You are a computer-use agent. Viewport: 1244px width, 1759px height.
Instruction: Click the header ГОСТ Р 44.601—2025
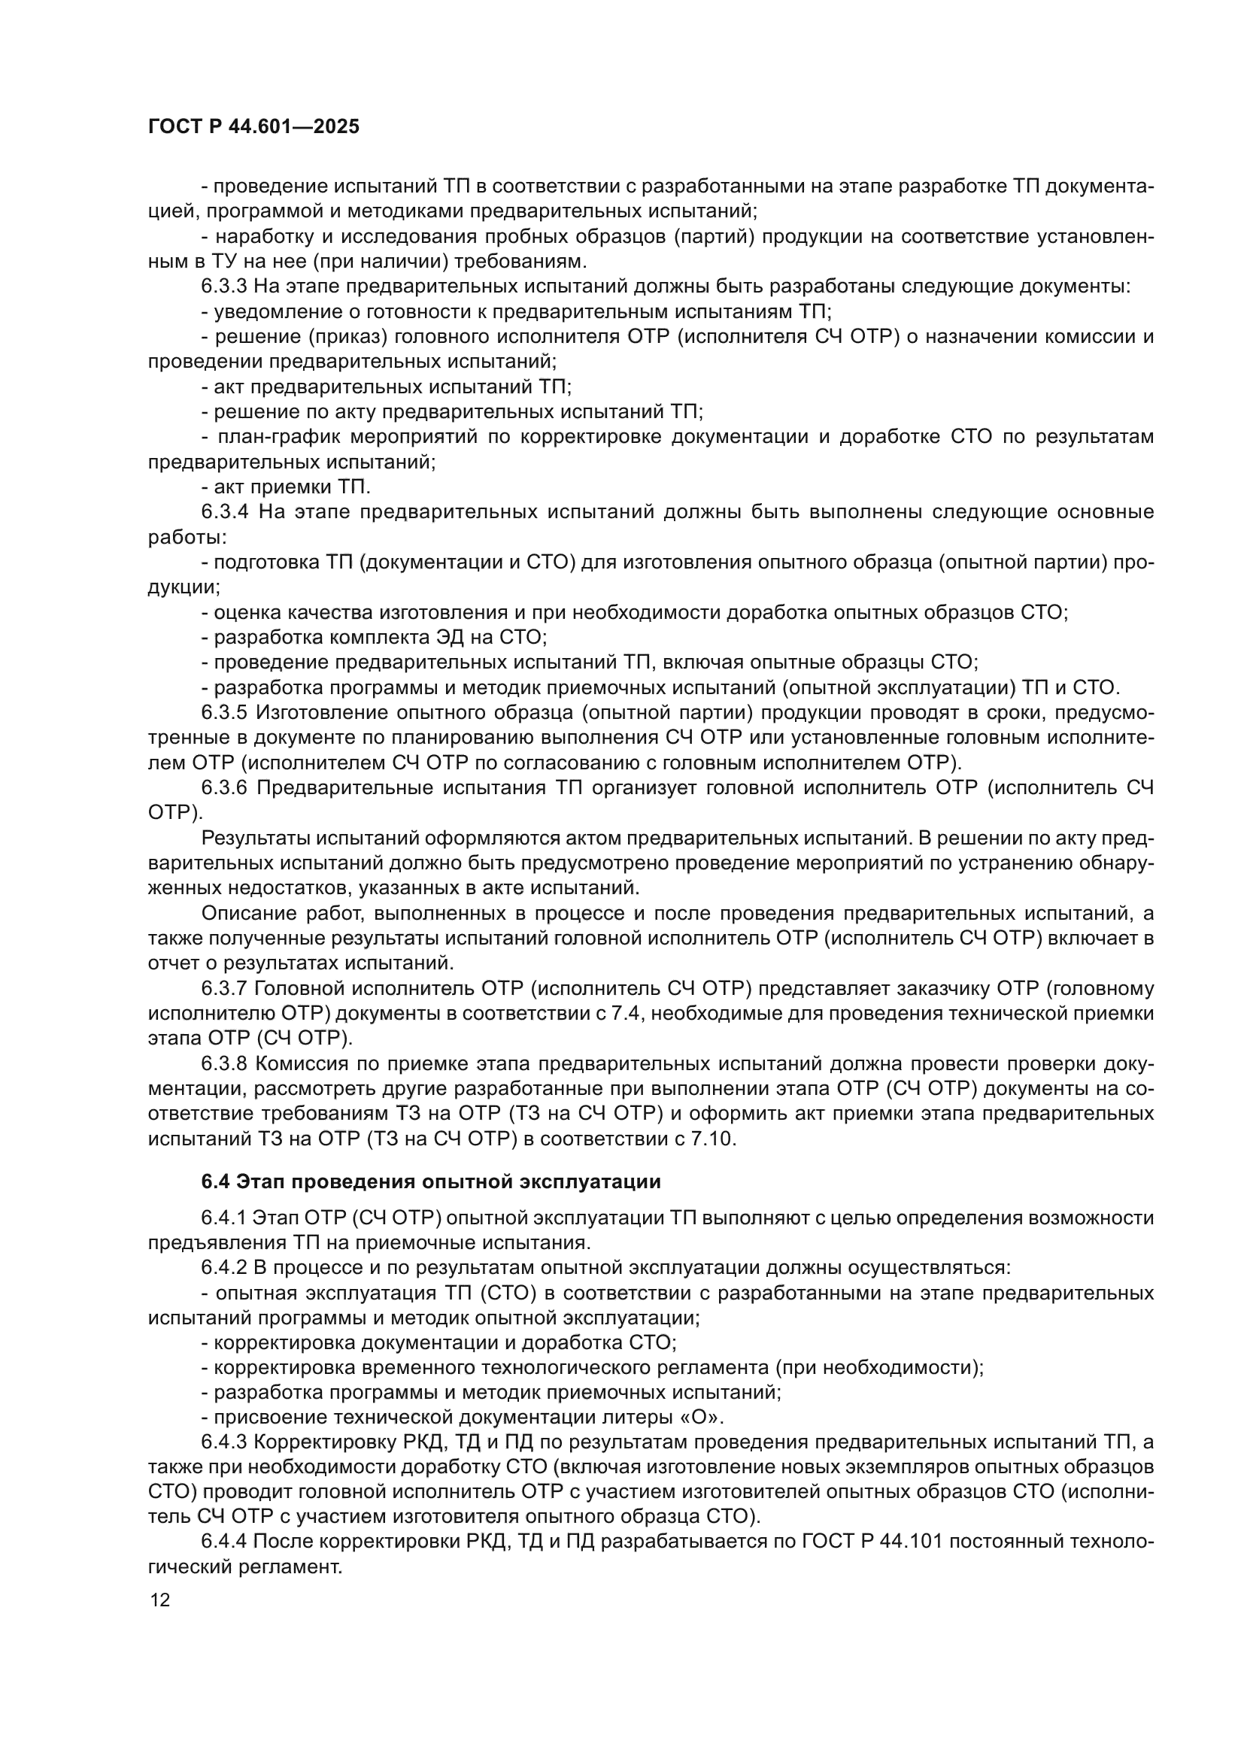click(253, 127)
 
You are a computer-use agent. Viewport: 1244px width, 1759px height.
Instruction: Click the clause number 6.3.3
click(223, 287)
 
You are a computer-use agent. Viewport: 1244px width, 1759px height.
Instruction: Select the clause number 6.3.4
click(225, 512)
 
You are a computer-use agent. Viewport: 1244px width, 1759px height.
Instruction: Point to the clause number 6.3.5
click(224, 712)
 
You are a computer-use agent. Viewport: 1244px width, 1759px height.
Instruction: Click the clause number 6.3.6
click(224, 787)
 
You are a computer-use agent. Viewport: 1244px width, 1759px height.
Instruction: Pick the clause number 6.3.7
click(223, 988)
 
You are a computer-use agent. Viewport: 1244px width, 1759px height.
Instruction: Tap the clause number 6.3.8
click(223, 1063)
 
